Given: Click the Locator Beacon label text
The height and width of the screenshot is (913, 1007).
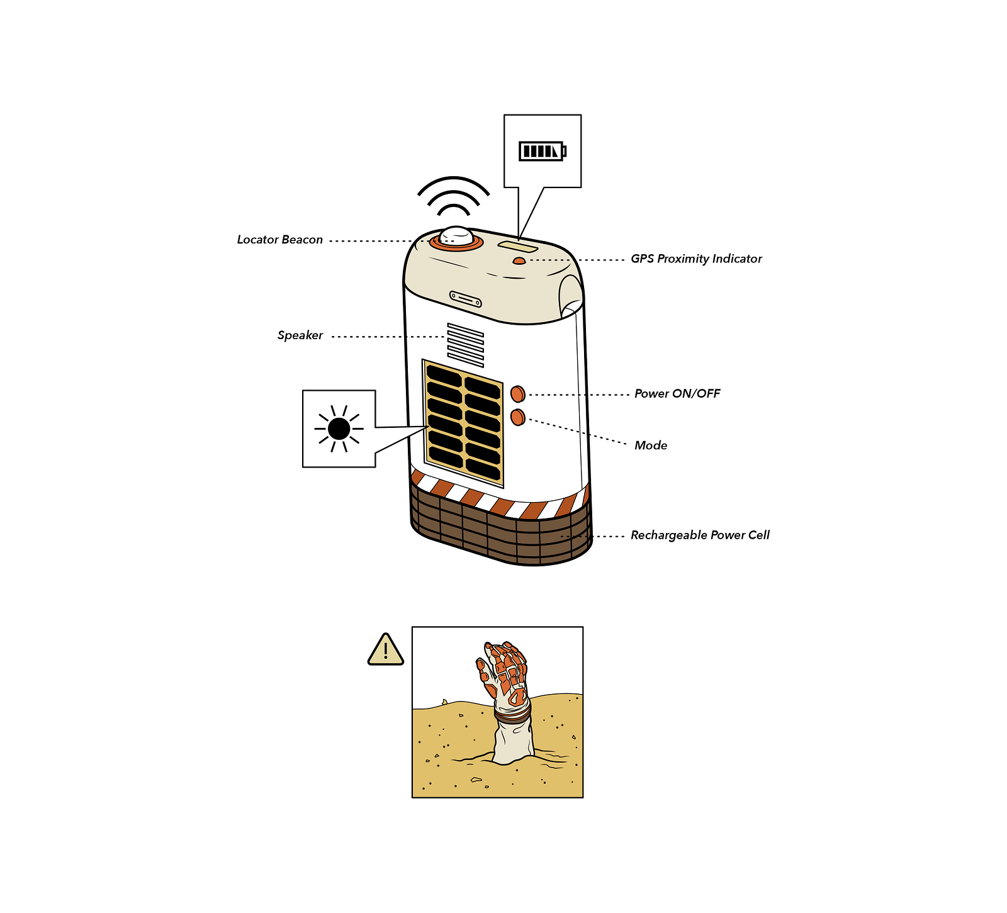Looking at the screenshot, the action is (280, 240).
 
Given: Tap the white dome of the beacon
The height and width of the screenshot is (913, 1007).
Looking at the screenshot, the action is (456, 236).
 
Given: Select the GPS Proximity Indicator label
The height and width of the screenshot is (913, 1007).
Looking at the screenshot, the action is (696, 259).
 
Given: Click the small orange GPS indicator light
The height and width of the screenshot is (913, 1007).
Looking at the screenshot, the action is (519, 260).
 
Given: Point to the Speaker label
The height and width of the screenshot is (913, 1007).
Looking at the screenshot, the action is (300, 335).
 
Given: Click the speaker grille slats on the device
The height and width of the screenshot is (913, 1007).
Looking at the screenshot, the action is (466, 345).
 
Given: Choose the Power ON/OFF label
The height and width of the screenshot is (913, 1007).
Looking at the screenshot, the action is (677, 394).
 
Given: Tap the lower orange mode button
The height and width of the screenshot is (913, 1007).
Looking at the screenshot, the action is (518, 417).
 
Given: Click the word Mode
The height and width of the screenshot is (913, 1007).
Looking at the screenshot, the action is (651, 445).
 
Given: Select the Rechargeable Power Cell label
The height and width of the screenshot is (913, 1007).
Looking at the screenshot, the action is (700, 535).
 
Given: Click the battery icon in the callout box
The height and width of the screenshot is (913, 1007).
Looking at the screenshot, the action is (543, 151).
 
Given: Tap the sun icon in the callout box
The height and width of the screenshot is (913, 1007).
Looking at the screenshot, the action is (339, 428).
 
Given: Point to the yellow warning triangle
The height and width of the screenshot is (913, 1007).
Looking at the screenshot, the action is (386, 649).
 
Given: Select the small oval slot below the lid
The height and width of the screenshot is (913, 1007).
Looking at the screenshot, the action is (466, 300).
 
